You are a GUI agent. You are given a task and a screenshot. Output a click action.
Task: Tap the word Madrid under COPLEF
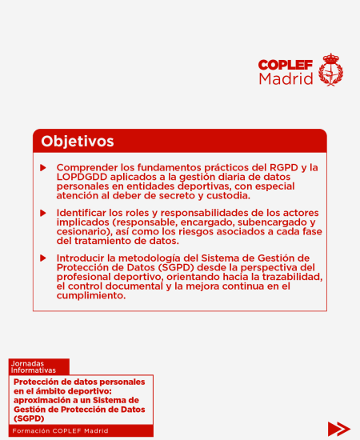286,79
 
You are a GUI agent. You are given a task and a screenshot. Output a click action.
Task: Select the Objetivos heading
78,142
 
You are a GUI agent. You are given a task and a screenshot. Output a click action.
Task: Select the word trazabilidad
288,276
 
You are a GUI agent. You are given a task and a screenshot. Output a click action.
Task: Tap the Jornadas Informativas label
34,366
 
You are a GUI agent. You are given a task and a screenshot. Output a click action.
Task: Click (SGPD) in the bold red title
29,418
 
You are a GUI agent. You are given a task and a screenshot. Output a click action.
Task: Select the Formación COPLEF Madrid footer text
61,431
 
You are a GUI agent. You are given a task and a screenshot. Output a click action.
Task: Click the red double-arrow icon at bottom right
338,428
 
